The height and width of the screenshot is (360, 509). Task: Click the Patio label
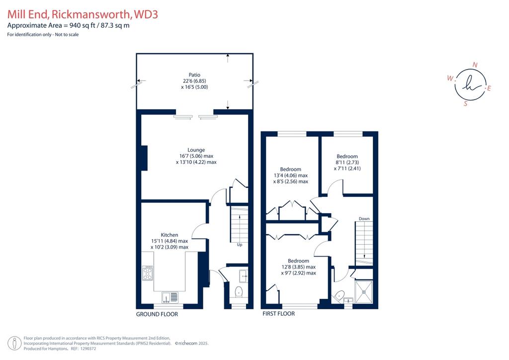pyautogui.click(x=194, y=81)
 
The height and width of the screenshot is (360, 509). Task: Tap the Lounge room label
pyautogui.click(x=196, y=156)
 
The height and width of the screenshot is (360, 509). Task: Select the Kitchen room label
pyautogui.click(x=170, y=241)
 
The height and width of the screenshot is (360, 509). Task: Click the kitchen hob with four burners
pyautogui.click(x=148, y=272)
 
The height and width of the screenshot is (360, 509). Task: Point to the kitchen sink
pyautogui.click(x=170, y=297)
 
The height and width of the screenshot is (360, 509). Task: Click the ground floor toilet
pyautogui.click(x=239, y=292)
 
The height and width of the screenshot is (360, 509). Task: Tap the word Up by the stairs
pyautogui.click(x=240, y=245)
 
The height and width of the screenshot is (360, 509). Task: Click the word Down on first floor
pyautogui.click(x=364, y=219)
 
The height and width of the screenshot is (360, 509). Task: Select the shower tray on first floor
pyautogui.click(x=364, y=292)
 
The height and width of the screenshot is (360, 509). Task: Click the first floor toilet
pyautogui.click(x=339, y=296)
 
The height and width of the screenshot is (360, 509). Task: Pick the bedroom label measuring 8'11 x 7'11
pyautogui.click(x=347, y=162)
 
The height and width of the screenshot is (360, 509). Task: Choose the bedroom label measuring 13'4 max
pyautogui.click(x=290, y=176)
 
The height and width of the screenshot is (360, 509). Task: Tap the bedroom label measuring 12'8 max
pyautogui.click(x=298, y=267)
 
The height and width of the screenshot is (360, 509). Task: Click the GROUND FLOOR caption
pyautogui.click(x=157, y=314)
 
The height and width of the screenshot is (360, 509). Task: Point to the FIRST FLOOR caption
pyautogui.click(x=278, y=314)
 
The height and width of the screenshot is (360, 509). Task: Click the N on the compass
pyautogui.click(x=475, y=65)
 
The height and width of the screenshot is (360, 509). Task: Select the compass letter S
pyautogui.click(x=465, y=103)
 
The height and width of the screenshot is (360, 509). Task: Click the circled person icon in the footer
pyautogui.click(x=14, y=344)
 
